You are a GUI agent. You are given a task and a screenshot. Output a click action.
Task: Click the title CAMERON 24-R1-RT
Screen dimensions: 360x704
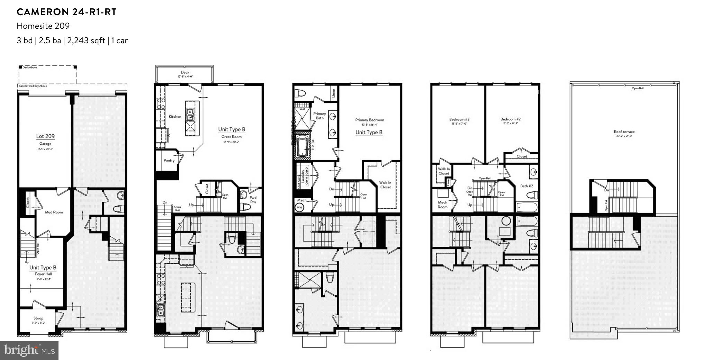point(66,12)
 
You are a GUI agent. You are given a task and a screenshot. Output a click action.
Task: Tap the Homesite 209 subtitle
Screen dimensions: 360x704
point(43,26)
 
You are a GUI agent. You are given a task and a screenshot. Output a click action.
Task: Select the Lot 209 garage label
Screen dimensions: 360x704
point(45,136)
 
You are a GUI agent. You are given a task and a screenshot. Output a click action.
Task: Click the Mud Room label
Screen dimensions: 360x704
point(54,212)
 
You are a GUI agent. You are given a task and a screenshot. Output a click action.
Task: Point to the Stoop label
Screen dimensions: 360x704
point(38,318)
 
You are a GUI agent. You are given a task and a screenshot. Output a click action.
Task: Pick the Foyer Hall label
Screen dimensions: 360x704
point(43,274)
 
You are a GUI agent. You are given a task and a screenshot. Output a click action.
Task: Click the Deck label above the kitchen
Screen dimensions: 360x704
point(185,72)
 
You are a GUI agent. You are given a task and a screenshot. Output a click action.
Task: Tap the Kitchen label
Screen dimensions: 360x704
point(175,117)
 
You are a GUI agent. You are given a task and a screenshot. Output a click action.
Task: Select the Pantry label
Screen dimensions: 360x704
point(169,160)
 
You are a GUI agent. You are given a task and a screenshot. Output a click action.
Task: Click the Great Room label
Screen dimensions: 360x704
point(231,137)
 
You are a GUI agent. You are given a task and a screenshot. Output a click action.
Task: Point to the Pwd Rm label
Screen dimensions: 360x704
point(253,200)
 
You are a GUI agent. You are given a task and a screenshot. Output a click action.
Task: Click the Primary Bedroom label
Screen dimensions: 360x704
point(369,120)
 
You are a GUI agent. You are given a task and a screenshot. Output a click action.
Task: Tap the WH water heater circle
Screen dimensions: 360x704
point(299,208)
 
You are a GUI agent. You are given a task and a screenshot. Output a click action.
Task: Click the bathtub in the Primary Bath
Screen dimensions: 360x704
point(303,146)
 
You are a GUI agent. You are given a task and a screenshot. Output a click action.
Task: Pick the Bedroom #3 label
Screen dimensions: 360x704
point(459,119)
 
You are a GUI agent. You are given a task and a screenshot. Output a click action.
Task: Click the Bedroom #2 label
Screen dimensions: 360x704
point(510,119)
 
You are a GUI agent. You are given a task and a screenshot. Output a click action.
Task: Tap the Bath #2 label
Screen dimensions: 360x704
point(526,186)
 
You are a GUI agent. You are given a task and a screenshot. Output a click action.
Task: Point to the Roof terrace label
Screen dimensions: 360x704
point(624,132)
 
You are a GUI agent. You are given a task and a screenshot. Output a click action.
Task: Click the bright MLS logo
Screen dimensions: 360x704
point(29,350)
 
